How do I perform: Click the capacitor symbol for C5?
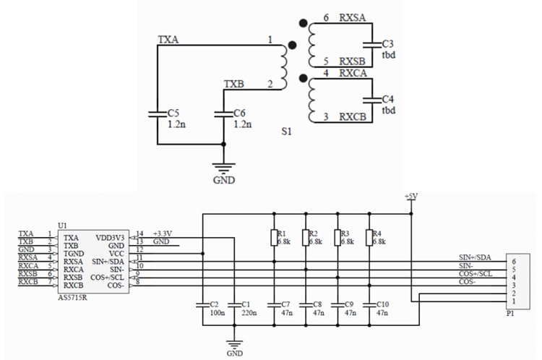(158, 113)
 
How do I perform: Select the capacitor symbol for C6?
(224, 113)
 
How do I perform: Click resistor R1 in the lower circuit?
(274, 237)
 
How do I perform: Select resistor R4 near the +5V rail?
(369, 237)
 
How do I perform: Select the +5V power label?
(411, 197)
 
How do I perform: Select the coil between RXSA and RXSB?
(311, 45)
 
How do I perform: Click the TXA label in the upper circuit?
(167, 41)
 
